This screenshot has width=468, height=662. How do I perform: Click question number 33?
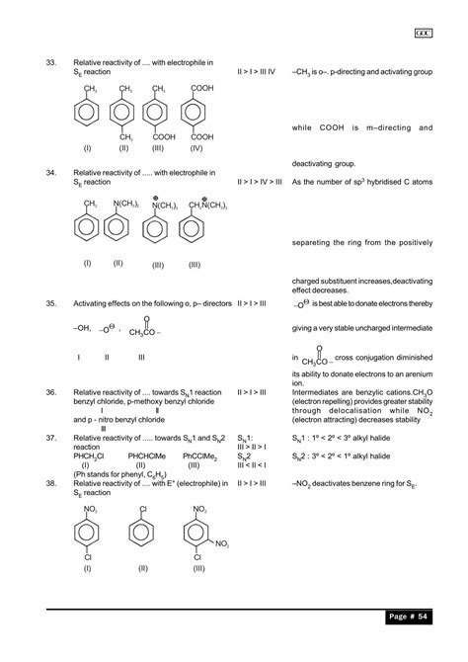pos(51,62)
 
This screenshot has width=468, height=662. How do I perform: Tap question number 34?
pos(51,172)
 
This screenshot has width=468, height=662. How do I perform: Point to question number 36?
pos(51,392)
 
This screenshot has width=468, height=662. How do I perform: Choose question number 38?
pos(51,482)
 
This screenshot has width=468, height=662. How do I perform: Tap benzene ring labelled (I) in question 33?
pos(90,112)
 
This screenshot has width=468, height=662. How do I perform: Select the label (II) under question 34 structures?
pos(117,263)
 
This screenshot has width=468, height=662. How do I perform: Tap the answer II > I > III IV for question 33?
pos(257,71)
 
